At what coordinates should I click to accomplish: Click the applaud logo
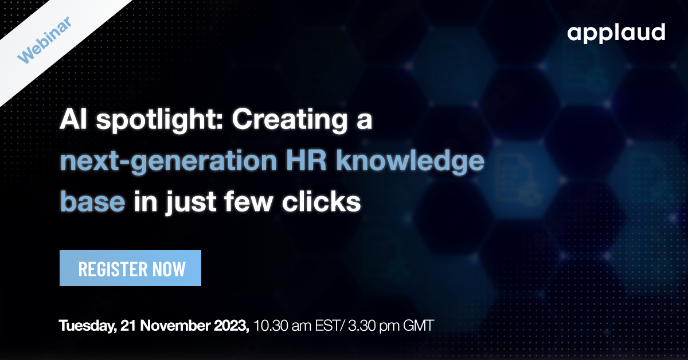click(616, 33)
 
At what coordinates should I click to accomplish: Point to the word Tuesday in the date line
click(87, 327)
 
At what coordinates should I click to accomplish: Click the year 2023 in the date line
click(228, 326)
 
